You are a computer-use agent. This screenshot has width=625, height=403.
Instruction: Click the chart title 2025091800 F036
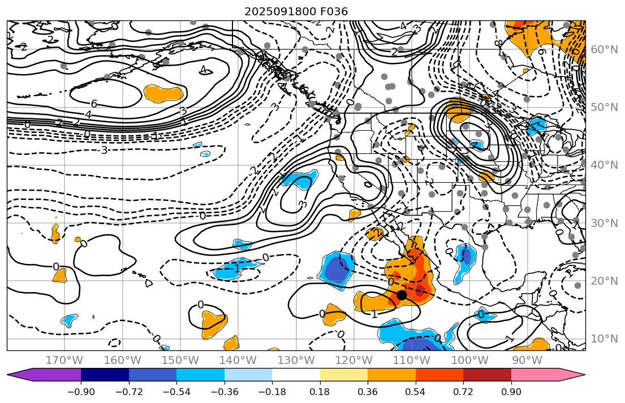point(296,11)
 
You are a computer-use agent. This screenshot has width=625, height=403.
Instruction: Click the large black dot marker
point(402,295)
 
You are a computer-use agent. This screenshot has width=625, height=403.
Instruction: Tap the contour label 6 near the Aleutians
point(94,104)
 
